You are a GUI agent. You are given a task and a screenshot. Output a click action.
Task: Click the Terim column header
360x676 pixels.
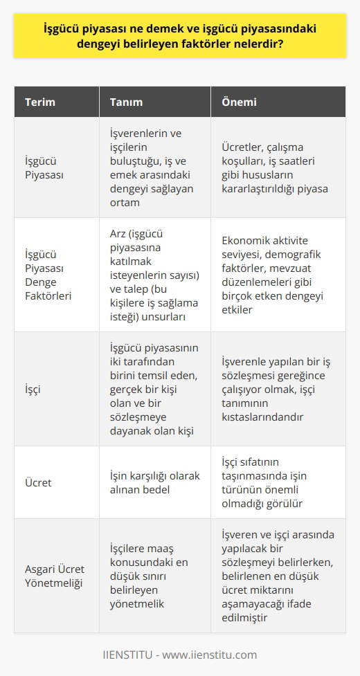pyautogui.click(x=39, y=102)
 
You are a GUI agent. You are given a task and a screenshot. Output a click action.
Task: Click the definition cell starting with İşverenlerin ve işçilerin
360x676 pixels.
pyautogui.click(x=151, y=168)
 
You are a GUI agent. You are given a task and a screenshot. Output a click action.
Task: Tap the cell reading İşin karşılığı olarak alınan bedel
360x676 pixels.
pyautogui.click(x=151, y=481)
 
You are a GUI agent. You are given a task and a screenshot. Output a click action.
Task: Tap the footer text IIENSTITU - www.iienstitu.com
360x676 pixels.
pyautogui.click(x=180, y=655)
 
